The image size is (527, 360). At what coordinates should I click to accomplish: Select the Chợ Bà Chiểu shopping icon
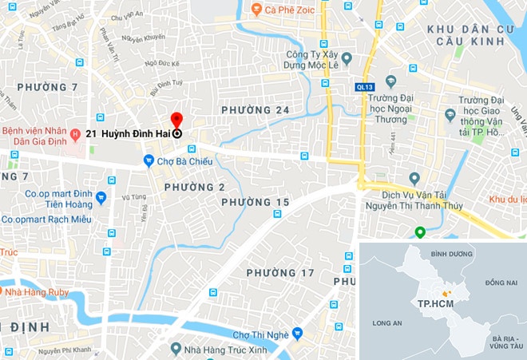click(149, 161)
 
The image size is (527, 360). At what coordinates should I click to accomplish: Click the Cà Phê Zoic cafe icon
click(256, 10)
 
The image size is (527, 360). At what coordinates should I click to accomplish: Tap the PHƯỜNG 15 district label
click(256, 203)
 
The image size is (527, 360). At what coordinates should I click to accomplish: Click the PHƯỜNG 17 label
click(280, 273)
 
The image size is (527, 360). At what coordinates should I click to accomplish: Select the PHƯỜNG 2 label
click(195, 187)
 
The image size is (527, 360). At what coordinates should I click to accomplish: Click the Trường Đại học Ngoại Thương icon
click(391, 81)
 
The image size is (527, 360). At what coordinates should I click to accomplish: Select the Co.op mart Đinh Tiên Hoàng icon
click(101, 197)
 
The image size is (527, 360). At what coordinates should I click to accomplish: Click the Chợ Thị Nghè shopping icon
click(297, 334)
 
